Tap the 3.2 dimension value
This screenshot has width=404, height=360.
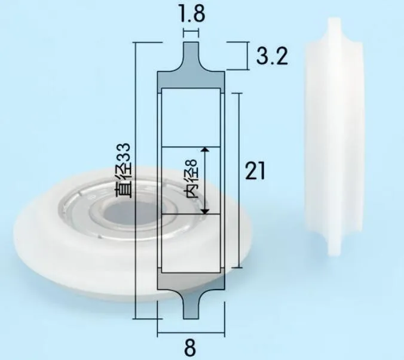click(x=272, y=56)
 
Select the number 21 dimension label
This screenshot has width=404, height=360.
click(x=255, y=171)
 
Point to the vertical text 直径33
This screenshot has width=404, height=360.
click(x=124, y=170)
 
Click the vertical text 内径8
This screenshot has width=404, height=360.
click(x=192, y=179)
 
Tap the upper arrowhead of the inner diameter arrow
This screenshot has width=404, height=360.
click(x=205, y=150)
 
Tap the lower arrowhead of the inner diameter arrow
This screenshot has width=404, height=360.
click(x=205, y=211)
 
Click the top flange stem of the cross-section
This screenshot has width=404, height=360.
click(x=191, y=56)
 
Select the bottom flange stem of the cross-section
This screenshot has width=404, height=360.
click(x=191, y=304)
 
